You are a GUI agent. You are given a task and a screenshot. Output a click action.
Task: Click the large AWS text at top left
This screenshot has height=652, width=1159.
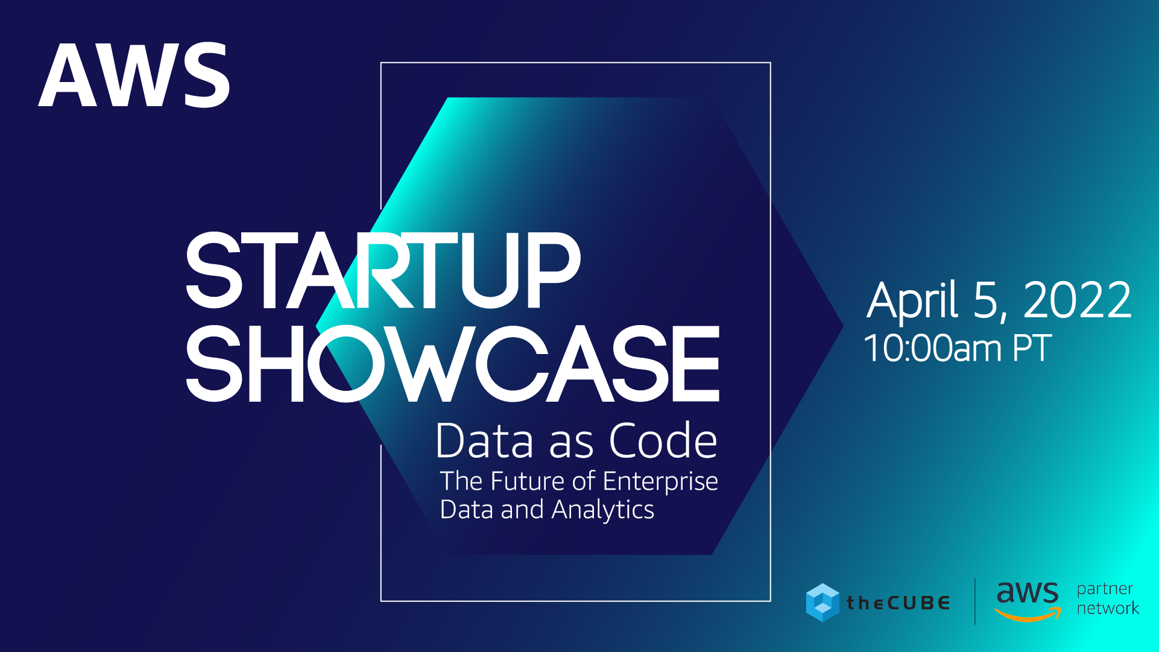(134, 75)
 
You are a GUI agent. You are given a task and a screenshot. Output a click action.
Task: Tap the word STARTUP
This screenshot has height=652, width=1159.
(383, 270)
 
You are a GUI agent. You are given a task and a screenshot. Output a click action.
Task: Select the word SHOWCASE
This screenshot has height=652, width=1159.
(452, 363)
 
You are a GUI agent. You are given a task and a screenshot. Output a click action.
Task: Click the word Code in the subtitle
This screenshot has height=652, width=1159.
(663, 440)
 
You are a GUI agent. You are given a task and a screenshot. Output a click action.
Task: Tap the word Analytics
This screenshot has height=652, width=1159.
(602, 510)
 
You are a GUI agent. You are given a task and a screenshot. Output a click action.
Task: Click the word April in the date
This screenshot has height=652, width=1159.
(912, 301)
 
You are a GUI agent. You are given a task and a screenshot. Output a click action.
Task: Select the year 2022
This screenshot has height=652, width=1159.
(1078, 300)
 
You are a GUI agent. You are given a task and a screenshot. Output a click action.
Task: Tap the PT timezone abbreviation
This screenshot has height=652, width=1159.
(1032, 348)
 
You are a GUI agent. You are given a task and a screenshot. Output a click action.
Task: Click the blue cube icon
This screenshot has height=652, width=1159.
(823, 603)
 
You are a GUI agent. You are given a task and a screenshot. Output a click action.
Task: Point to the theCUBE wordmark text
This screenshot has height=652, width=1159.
(898, 603)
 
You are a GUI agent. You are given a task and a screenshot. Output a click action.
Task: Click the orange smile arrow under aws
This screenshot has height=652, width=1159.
(1028, 615)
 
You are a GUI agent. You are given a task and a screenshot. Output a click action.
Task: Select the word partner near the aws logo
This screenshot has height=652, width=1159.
(1105, 589)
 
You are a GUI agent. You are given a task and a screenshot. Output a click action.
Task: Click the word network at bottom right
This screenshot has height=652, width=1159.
(1108, 608)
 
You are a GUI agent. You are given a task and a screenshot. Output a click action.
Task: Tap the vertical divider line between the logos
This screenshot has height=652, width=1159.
(975, 601)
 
